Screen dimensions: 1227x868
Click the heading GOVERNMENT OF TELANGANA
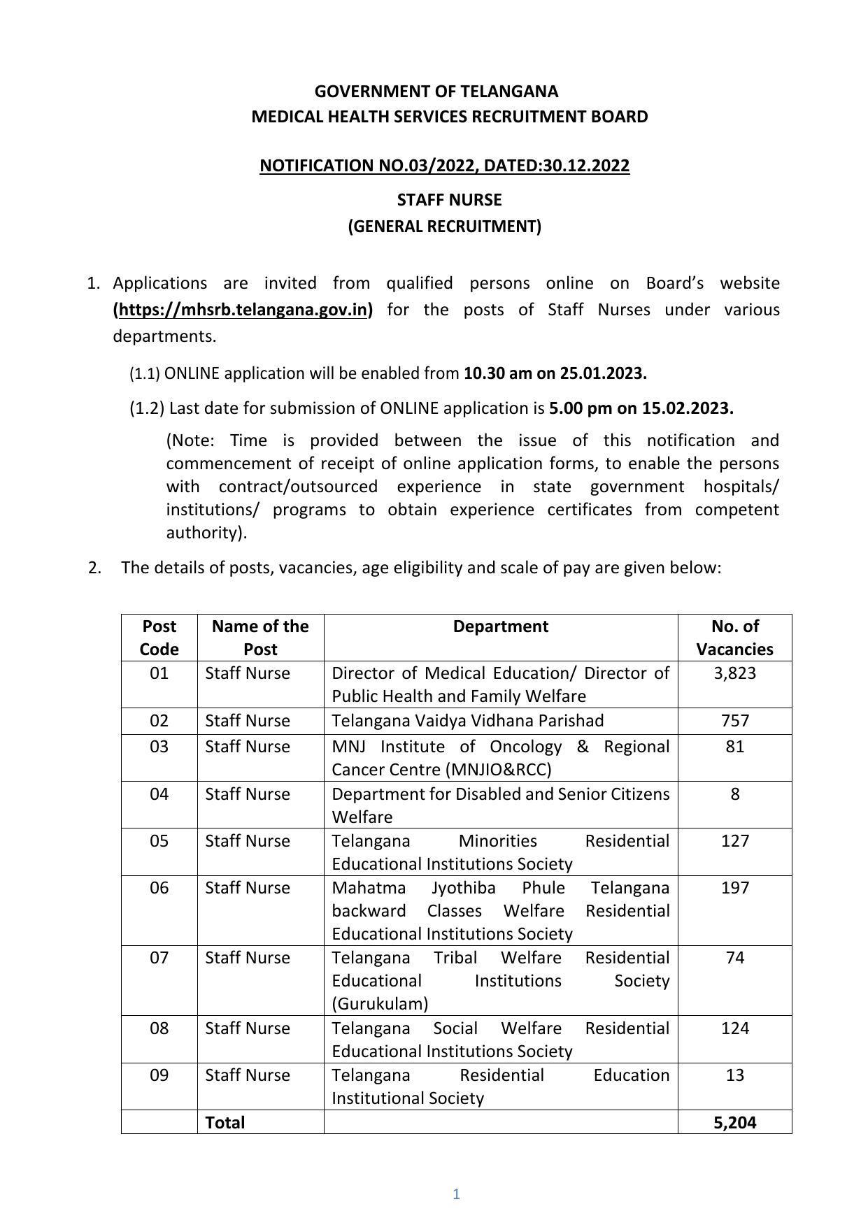click(x=436, y=92)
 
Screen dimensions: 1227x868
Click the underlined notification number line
click(x=444, y=166)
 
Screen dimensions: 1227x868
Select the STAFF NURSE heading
click(x=449, y=200)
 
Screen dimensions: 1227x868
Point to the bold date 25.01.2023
click(x=603, y=373)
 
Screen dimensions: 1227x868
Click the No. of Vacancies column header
click(x=734, y=638)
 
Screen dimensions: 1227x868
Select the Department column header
click(x=500, y=626)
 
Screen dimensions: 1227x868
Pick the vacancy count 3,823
click(x=734, y=673)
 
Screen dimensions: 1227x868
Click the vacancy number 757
click(x=734, y=721)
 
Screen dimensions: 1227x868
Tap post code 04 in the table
click(x=159, y=794)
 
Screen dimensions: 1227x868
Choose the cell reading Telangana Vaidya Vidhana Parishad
click(x=467, y=721)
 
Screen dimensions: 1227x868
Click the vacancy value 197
click(x=734, y=888)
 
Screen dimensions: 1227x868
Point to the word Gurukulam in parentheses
click(x=380, y=1004)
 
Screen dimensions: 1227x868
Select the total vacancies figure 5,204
click(x=734, y=1123)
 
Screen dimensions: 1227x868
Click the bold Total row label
click(x=225, y=1123)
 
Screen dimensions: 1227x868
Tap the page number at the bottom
click(x=456, y=1194)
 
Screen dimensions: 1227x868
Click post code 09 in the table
click(x=159, y=1075)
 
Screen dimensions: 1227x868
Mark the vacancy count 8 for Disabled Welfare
click(x=734, y=794)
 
